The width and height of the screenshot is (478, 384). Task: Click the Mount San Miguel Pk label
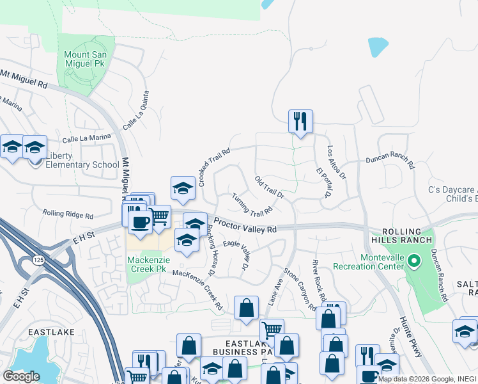(89, 60)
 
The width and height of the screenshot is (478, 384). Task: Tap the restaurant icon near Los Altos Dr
(300, 122)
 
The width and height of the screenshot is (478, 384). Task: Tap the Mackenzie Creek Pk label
(146, 265)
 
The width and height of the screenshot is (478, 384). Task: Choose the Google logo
(21, 376)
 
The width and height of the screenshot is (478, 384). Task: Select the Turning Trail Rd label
(252, 204)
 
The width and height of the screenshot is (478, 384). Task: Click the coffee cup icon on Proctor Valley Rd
(140, 221)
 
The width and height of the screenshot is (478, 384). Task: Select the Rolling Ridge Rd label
(68, 214)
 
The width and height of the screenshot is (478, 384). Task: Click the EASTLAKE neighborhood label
(51, 333)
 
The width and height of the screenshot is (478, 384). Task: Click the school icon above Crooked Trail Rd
(183, 188)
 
